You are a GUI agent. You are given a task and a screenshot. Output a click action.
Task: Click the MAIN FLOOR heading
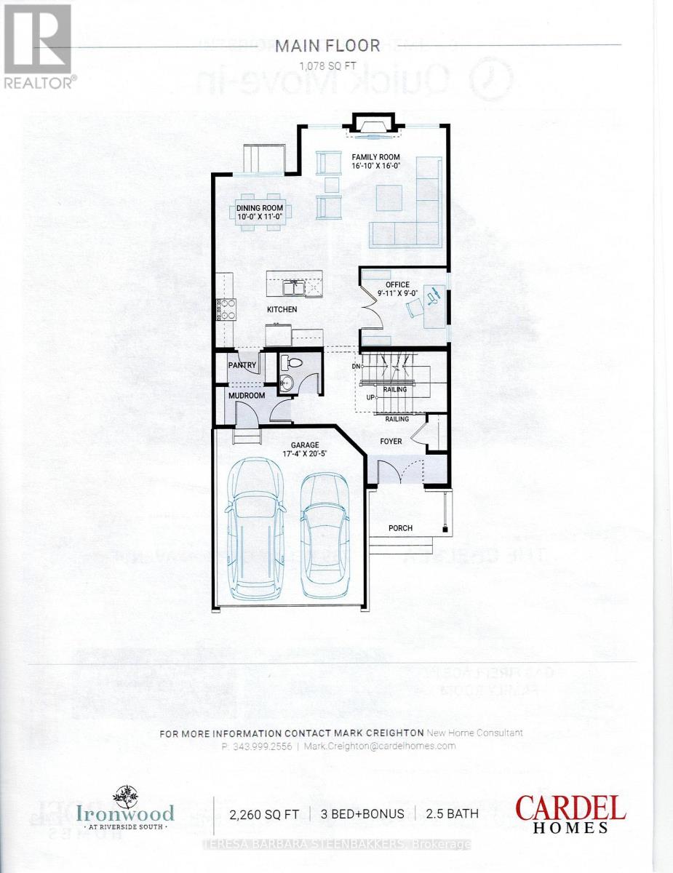click(x=327, y=46)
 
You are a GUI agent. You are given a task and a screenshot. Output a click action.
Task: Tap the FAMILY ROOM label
click(x=377, y=156)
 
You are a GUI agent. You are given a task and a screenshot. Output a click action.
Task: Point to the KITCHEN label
click(x=282, y=309)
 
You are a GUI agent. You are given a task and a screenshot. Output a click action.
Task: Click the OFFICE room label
click(x=398, y=284)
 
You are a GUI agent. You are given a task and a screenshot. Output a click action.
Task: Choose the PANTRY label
click(x=240, y=365)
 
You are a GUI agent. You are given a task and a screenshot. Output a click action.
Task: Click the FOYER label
click(x=391, y=442)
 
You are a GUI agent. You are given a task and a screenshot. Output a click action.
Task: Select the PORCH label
click(x=401, y=528)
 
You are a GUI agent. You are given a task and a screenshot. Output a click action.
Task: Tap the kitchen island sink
click(x=294, y=289)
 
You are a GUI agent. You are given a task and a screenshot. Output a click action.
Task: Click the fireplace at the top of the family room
click(x=373, y=127)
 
